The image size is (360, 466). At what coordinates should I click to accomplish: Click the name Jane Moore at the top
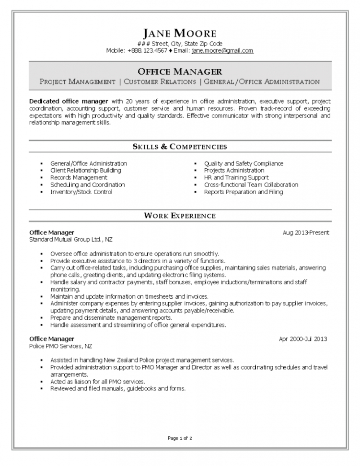[180, 33]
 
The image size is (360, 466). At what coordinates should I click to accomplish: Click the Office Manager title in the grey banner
[180, 72]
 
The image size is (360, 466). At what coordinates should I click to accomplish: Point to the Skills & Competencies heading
[180, 147]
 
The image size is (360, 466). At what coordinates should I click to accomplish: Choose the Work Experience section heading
[180, 216]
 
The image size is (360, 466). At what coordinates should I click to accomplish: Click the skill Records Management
[79, 177]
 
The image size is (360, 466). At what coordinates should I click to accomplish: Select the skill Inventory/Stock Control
[81, 192]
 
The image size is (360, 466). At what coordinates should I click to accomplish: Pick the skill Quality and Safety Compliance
[244, 163]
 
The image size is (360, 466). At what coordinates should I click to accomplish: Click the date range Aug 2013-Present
[306, 233]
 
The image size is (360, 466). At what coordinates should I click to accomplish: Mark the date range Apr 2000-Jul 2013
[303, 339]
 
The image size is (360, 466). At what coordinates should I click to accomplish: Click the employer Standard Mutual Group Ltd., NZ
[71, 239]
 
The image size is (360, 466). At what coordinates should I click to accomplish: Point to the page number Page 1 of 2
[180, 438]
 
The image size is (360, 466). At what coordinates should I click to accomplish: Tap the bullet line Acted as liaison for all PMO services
[98, 382]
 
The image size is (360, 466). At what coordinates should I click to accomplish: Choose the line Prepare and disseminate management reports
[111, 318]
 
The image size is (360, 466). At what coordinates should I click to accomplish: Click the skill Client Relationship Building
[85, 170]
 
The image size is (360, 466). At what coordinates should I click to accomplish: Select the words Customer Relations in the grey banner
[160, 82]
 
